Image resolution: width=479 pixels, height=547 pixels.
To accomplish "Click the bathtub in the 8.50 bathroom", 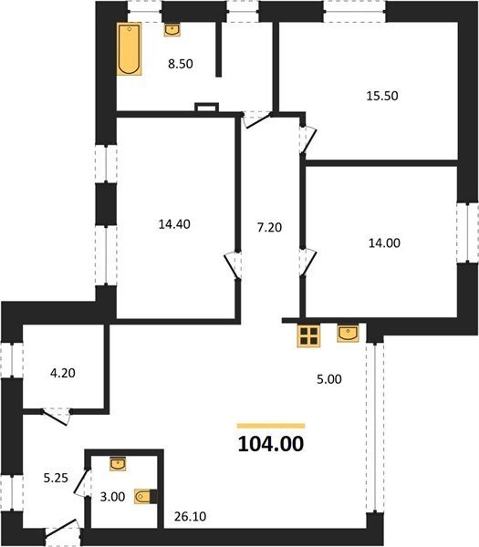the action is (130, 49).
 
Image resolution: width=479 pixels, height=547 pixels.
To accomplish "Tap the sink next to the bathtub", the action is (172, 30).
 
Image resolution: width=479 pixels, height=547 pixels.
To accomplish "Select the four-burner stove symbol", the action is (308, 335).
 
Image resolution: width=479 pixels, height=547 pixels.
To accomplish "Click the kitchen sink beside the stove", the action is (348, 333).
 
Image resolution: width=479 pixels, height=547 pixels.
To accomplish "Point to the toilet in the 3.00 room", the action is (146, 497).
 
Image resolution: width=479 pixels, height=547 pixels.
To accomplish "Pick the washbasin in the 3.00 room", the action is (118, 464).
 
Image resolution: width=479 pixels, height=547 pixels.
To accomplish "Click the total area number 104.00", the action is (271, 444).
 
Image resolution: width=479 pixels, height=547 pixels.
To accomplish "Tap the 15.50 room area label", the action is (382, 96).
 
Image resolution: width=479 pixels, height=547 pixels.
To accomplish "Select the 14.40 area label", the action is (174, 224).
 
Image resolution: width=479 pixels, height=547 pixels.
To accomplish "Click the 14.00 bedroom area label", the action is (384, 243).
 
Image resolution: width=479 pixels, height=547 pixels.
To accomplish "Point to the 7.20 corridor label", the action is (269, 227).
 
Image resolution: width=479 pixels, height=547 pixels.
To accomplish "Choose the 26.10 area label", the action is (190, 516).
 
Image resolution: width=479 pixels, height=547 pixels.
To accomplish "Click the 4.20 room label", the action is (63, 373).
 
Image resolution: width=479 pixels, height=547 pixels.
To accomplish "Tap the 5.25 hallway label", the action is (56, 478).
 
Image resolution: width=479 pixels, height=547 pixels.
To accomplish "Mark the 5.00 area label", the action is (329, 379).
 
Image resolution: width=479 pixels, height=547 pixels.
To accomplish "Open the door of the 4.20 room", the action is (57, 417).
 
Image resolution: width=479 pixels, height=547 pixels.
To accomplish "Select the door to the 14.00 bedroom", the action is (308, 263).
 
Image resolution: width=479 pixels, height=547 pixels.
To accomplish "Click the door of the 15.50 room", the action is (307, 139).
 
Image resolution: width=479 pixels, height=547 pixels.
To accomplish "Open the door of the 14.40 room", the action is (232, 265).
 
